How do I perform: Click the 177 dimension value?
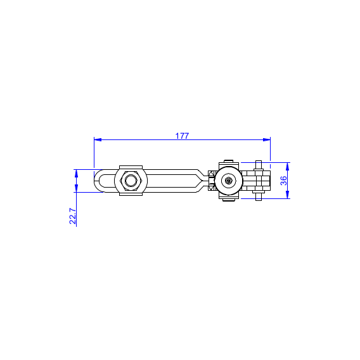[182, 136]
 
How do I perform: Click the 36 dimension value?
[284, 181]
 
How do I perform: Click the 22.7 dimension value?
[72, 216]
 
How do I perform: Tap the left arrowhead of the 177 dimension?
[98, 139]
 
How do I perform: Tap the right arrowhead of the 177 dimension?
[267, 139]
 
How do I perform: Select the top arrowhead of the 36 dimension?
[287, 166]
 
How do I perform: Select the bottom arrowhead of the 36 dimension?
[287, 195]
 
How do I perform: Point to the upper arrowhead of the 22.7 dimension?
[77, 173]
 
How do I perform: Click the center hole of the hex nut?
[131, 181]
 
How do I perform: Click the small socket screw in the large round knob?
[228, 181]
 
